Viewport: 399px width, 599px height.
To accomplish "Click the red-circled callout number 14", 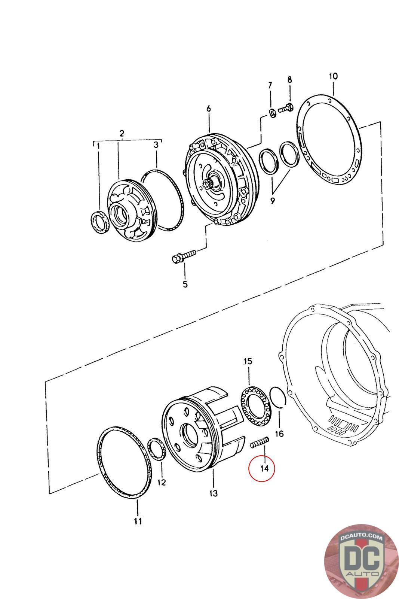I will point(265,468).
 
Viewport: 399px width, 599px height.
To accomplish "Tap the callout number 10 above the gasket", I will point(333,76).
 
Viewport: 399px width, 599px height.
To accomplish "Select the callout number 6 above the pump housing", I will point(209,109).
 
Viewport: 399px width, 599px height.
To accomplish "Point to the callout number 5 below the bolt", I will point(185,284).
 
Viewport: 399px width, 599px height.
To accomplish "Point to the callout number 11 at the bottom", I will point(138,520).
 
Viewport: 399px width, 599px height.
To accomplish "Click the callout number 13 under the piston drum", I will point(213,493).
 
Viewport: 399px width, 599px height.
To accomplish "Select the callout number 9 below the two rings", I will point(272,201).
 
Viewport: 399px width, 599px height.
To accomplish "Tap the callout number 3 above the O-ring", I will point(157,145).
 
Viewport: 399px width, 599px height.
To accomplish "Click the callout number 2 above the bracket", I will point(122,133).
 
